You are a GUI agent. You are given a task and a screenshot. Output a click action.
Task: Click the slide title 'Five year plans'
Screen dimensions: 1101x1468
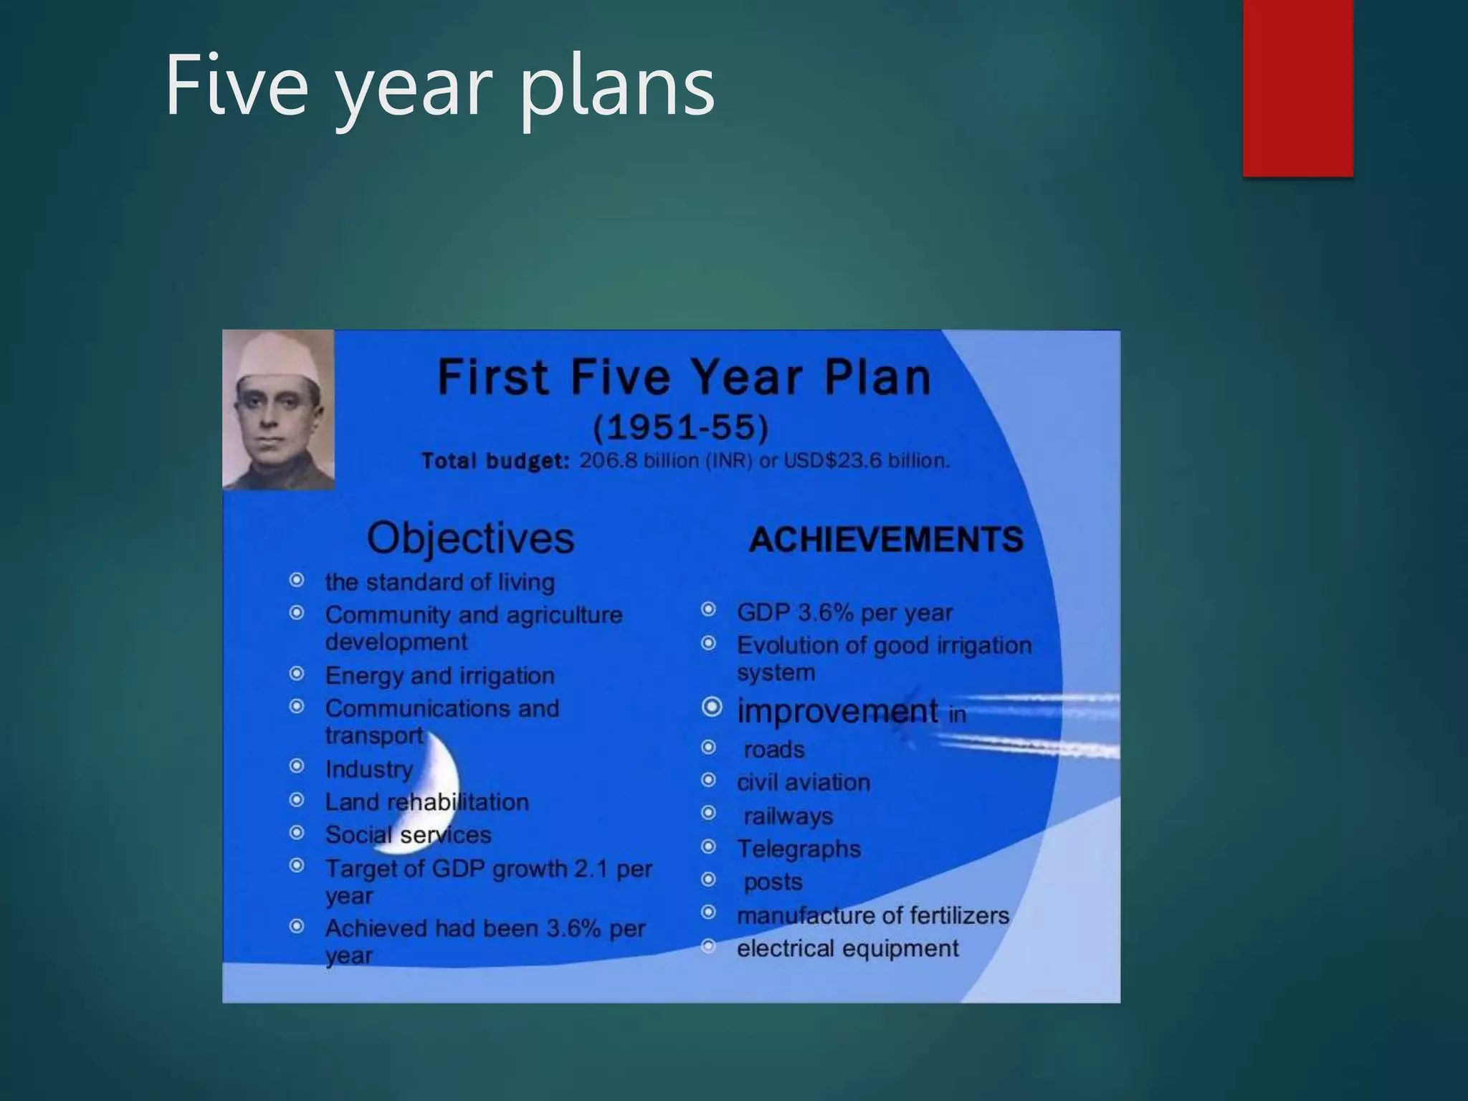click(439, 86)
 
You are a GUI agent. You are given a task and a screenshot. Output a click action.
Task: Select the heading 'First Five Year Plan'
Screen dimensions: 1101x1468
click(684, 378)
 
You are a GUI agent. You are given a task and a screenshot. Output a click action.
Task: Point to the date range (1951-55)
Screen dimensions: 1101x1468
click(680, 428)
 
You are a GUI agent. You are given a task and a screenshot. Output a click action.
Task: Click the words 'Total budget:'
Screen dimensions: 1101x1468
click(495, 461)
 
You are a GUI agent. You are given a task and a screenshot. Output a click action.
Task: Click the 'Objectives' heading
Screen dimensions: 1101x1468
click(470, 538)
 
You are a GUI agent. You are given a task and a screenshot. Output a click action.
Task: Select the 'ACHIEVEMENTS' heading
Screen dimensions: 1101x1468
click(886, 540)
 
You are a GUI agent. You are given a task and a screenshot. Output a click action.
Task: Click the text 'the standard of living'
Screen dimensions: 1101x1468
click(439, 582)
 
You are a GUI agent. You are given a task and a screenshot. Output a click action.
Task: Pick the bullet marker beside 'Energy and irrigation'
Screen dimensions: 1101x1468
click(296, 674)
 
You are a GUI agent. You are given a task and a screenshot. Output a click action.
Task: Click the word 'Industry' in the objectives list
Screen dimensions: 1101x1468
click(368, 769)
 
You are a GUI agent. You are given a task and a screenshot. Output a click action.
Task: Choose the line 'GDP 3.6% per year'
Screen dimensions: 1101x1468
click(844, 613)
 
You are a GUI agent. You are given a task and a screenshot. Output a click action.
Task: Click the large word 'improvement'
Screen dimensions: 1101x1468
click(837, 711)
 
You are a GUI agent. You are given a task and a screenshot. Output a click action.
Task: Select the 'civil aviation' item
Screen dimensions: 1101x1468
click(803, 782)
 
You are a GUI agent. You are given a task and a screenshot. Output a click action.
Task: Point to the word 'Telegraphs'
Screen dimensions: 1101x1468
click(799, 849)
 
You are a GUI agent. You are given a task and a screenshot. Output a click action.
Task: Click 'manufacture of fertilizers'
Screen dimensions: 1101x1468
click(872, 915)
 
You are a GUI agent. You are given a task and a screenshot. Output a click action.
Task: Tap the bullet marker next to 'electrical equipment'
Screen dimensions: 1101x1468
click(708, 947)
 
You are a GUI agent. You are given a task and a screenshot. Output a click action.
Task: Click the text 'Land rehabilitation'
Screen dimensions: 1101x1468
click(426, 802)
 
